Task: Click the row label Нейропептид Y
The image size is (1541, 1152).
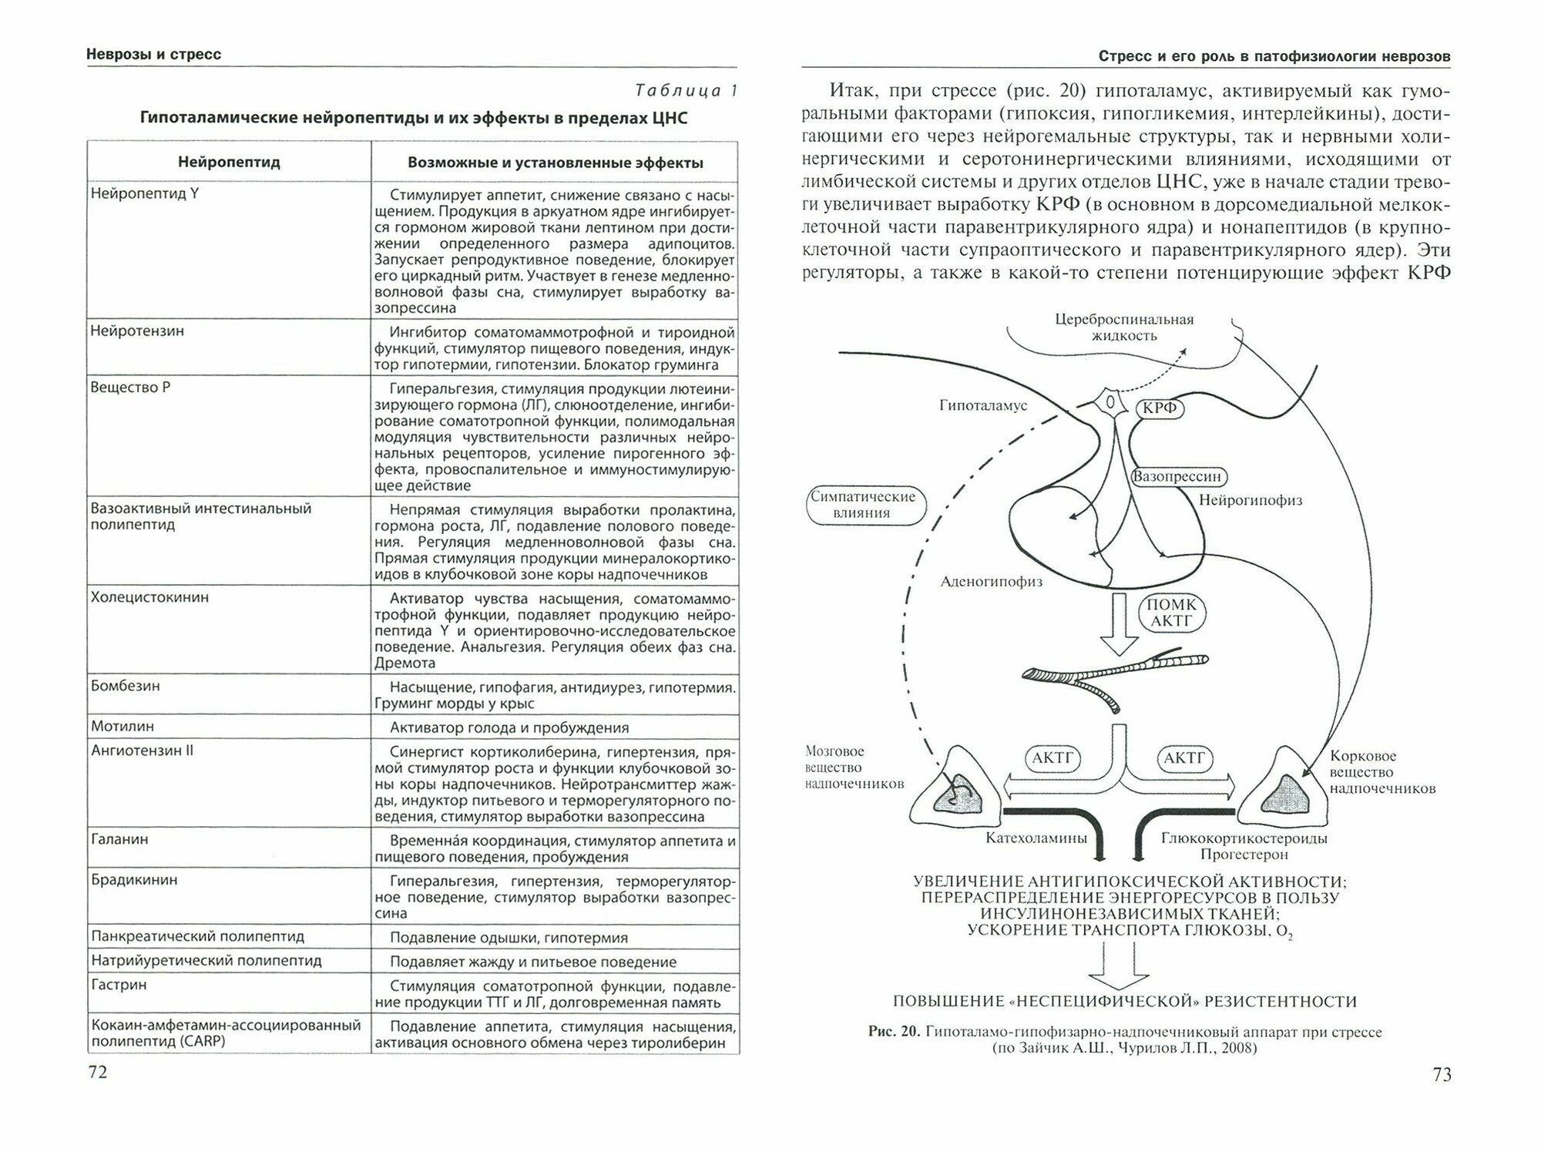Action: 145,193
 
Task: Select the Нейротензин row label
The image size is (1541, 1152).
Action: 137,331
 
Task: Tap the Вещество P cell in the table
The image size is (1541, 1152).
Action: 130,387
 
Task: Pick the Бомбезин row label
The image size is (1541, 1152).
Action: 125,686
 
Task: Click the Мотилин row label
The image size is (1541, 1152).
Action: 123,726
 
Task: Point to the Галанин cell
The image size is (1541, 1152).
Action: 119,839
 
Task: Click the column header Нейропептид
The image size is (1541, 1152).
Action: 229,163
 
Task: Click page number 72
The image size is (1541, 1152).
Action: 98,1073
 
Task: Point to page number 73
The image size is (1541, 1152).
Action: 1442,1074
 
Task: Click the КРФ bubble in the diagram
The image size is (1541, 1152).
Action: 1160,408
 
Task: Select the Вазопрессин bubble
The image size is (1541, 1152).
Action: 1177,477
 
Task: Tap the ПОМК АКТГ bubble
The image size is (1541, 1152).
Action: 1171,613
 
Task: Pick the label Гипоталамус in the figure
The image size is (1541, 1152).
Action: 982,405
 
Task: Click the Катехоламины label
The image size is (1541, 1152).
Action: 1036,838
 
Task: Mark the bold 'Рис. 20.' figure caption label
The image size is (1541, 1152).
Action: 894,1032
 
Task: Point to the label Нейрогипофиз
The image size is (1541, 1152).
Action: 1250,501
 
